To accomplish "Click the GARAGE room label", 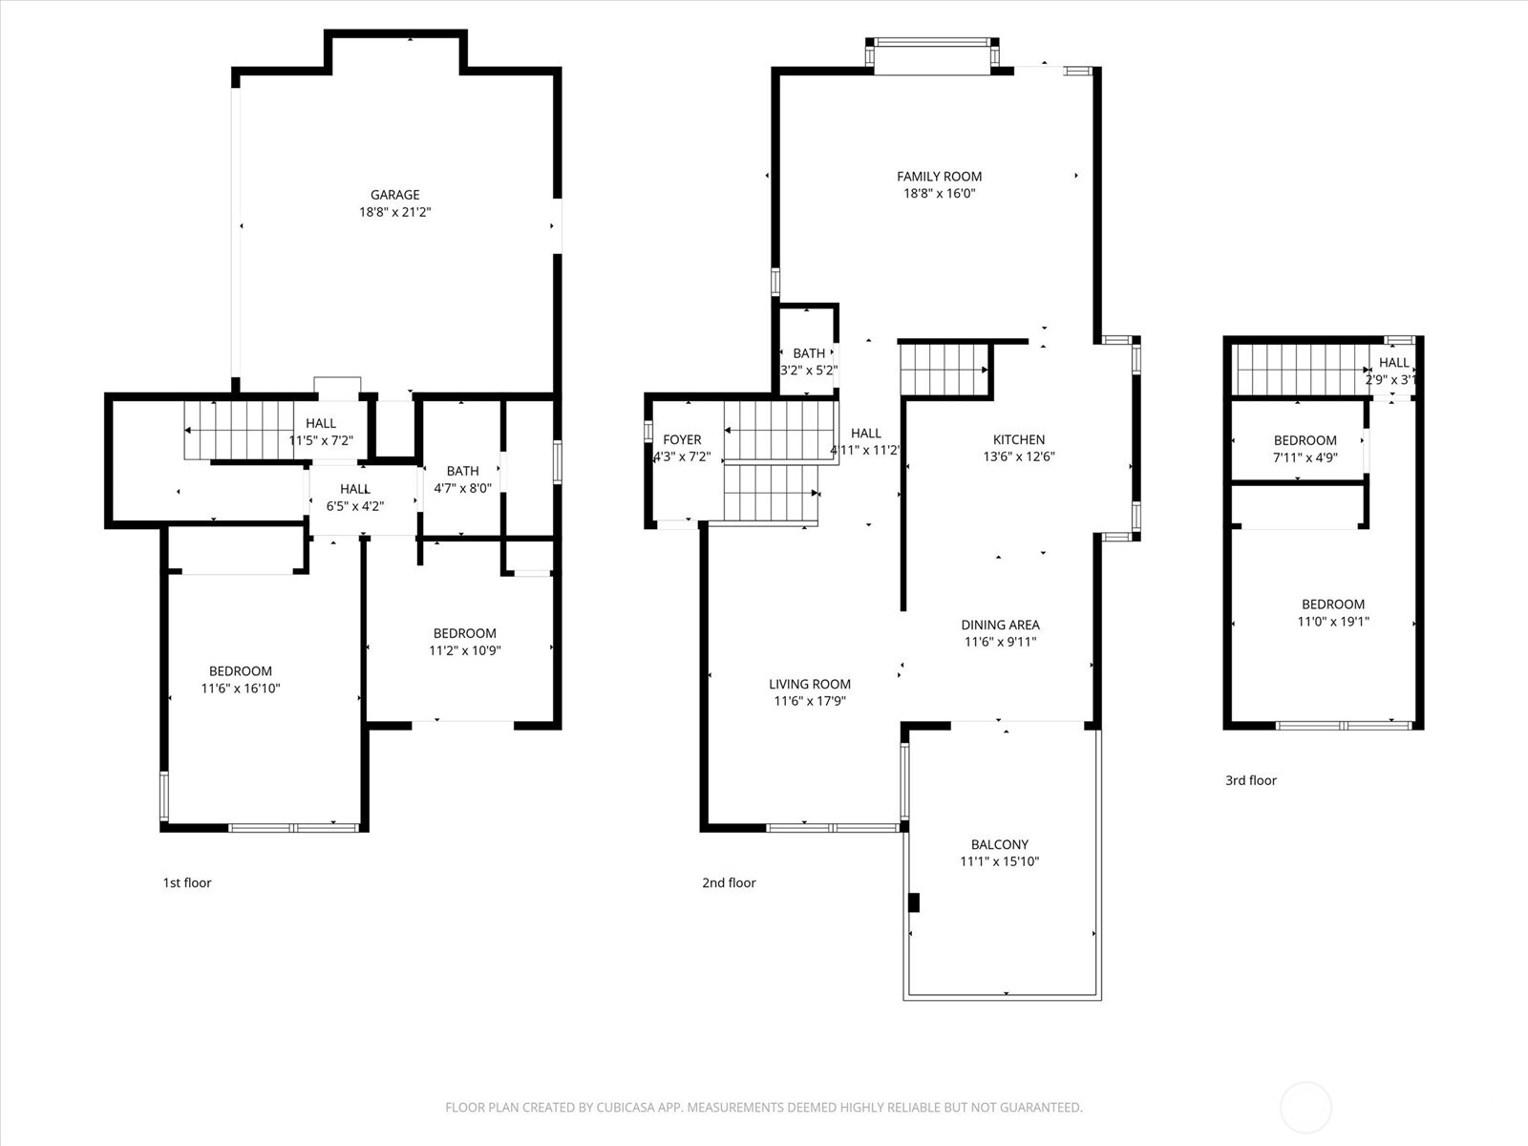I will (x=394, y=195).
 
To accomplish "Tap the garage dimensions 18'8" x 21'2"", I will (x=394, y=212).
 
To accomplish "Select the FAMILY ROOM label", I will (x=939, y=177).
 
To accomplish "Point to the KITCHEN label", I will (x=1019, y=439).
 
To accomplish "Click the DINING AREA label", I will (x=1000, y=626).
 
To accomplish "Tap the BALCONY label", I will (x=1000, y=844).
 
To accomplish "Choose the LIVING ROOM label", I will (x=810, y=684).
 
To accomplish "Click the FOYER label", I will (x=682, y=440).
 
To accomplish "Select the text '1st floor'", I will (x=187, y=882).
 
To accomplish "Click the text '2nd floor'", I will (x=729, y=882).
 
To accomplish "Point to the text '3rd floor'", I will (x=1250, y=780).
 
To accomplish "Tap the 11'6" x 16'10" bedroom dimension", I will (x=241, y=689).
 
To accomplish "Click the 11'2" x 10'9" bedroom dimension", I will (x=465, y=650).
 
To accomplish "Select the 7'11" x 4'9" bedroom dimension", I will (x=1305, y=457).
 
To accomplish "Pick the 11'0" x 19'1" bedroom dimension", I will (x=1333, y=622).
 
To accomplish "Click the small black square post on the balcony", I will (x=913, y=902).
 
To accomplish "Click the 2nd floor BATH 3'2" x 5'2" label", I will (x=809, y=353).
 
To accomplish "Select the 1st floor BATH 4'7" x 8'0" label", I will (x=462, y=471).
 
